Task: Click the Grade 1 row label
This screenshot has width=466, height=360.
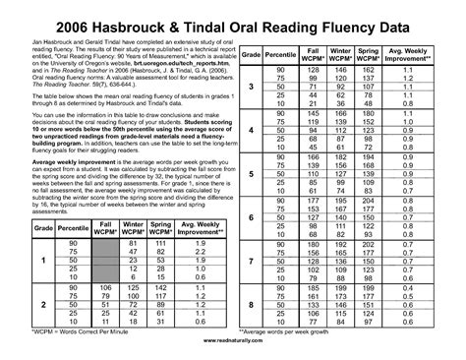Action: tap(41, 261)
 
